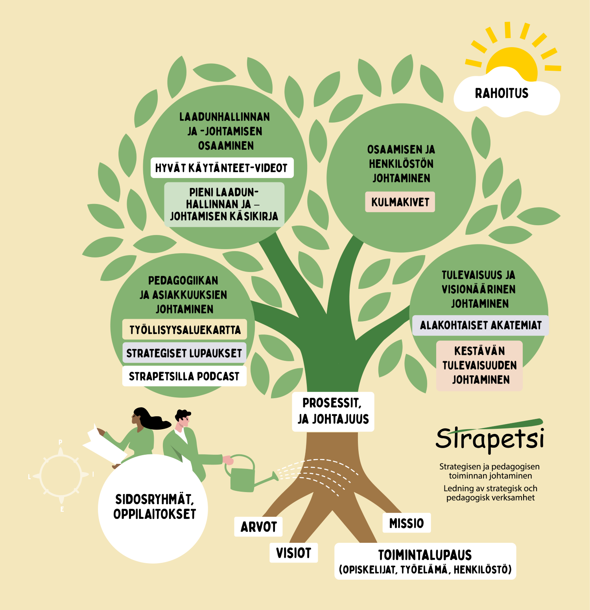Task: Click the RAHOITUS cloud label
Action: [501, 94]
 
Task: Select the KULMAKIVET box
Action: [400, 202]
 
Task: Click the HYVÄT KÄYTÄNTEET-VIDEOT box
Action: [222, 168]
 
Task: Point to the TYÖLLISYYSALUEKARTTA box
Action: [184, 329]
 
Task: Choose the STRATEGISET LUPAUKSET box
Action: [184, 353]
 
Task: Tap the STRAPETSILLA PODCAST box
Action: [184, 376]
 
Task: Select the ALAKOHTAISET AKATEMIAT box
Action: [480, 325]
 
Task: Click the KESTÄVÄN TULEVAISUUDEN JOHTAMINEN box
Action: [479, 366]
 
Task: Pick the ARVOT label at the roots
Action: [258, 527]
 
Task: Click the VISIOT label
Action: [293, 553]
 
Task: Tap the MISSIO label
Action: [407, 523]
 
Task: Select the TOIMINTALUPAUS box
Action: [425, 561]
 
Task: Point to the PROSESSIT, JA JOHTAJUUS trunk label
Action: [333, 412]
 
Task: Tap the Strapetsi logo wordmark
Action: [490, 438]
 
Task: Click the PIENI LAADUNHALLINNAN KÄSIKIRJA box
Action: [224, 204]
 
